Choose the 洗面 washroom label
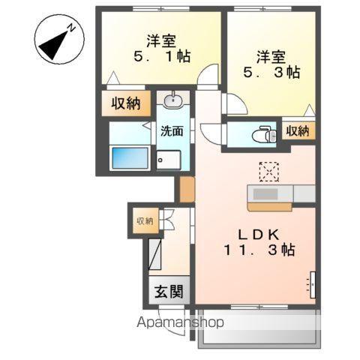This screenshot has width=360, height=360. pyautogui.click(x=172, y=131)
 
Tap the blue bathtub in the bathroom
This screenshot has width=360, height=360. pyautogui.click(x=130, y=158)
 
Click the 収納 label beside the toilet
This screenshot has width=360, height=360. pyautogui.click(x=298, y=131)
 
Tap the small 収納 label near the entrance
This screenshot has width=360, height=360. pyautogui.click(x=144, y=220)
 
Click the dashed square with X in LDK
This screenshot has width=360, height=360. pyautogui.click(x=268, y=172)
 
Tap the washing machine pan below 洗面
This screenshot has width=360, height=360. pyautogui.click(x=169, y=160)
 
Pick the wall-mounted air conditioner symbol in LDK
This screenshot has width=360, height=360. pyautogui.click(x=311, y=283)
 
